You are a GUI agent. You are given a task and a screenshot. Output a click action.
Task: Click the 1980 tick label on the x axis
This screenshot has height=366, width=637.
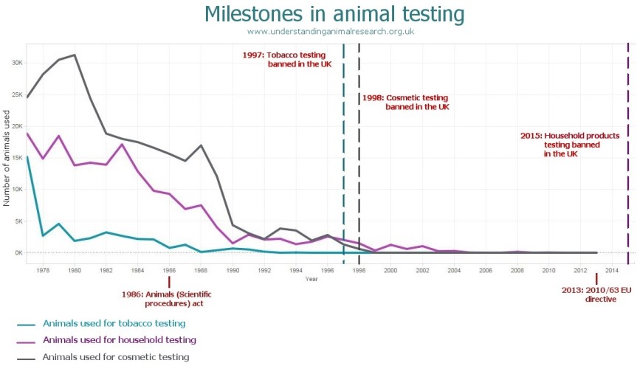75,271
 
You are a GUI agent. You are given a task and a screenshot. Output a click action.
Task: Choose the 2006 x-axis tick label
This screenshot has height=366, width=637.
485,271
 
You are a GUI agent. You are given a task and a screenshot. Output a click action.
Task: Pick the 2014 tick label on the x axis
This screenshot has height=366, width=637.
611,271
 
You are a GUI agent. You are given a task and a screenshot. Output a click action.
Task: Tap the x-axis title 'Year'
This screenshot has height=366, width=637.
311,279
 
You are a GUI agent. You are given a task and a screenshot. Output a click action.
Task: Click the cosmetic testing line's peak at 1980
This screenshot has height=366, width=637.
75,55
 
